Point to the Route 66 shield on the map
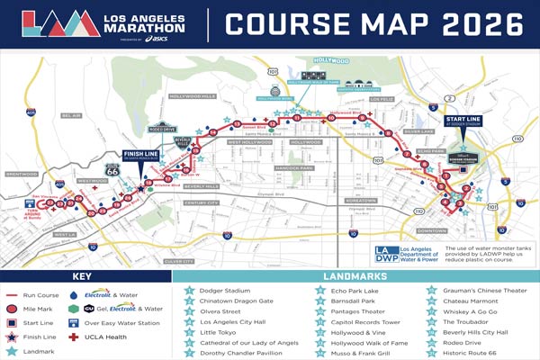point(112,168)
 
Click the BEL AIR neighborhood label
point(72,116)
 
